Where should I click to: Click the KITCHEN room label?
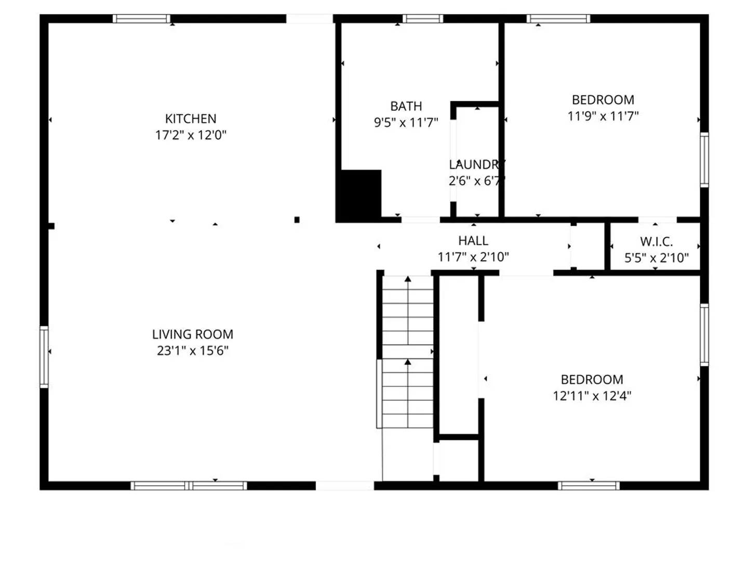(191, 119)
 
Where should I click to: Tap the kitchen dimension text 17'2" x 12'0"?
(191, 135)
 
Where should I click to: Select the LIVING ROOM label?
(193, 334)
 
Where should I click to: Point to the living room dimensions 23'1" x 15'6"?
(193, 351)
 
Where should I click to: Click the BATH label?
(406, 106)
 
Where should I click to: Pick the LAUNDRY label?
(477, 165)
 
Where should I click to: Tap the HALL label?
(473, 241)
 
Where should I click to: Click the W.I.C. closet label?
(657, 242)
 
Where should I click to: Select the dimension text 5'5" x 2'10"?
(657, 258)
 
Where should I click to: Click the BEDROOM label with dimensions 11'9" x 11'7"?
(603, 100)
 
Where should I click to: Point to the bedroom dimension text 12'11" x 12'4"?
(592, 396)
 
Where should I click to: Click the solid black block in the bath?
(358, 196)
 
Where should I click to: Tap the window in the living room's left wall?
(44, 357)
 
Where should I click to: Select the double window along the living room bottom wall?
(189, 486)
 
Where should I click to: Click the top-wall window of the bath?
(423, 18)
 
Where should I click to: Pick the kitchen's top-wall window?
(141, 18)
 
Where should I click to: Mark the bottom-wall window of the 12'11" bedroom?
(589, 486)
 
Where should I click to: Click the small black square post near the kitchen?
(297, 220)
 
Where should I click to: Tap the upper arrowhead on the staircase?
(408, 279)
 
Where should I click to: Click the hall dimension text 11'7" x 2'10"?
(473, 257)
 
